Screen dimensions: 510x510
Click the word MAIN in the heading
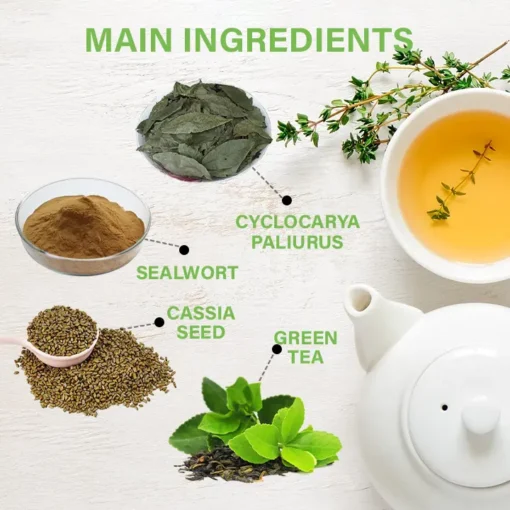tap(130, 40)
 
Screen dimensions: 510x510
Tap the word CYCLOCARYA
tap(298, 222)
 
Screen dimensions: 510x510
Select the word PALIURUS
tap(297, 242)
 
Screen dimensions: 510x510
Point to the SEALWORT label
tap(187, 273)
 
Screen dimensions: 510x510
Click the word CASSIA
tap(201, 313)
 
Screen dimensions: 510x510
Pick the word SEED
tap(201, 332)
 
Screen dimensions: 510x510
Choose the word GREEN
tap(306, 338)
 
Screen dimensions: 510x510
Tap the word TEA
tap(306, 357)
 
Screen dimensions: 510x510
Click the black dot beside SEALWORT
tap(184, 250)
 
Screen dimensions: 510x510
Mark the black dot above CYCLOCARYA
tap(287, 200)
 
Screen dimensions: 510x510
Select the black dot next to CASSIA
tap(159, 322)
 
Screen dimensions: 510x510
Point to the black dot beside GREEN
tap(276, 349)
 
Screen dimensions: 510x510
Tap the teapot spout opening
tap(360, 298)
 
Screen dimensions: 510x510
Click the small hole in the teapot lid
tap(444, 407)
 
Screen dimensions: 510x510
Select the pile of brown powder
tap(83, 227)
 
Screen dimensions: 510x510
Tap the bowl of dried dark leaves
tap(204, 131)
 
